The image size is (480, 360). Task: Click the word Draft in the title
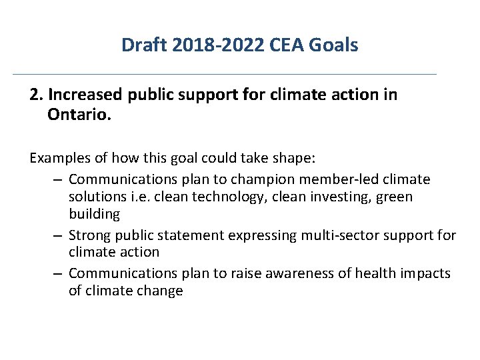pyautogui.click(x=141, y=45)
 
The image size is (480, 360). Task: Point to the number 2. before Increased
pyautogui.click(x=36, y=95)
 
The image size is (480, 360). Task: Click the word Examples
pyautogui.click(x=60, y=158)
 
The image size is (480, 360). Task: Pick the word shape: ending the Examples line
pyautogui.click(x=296, y=158)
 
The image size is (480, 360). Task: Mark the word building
pyautogui.click(x=94, y=215)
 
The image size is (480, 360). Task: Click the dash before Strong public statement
pyautogui.click(x=58, y=235)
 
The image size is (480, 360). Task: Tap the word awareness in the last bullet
pyautogui.click(x=280, y=273)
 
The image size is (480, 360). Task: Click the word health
pyautogui.click(x=357, y=273)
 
